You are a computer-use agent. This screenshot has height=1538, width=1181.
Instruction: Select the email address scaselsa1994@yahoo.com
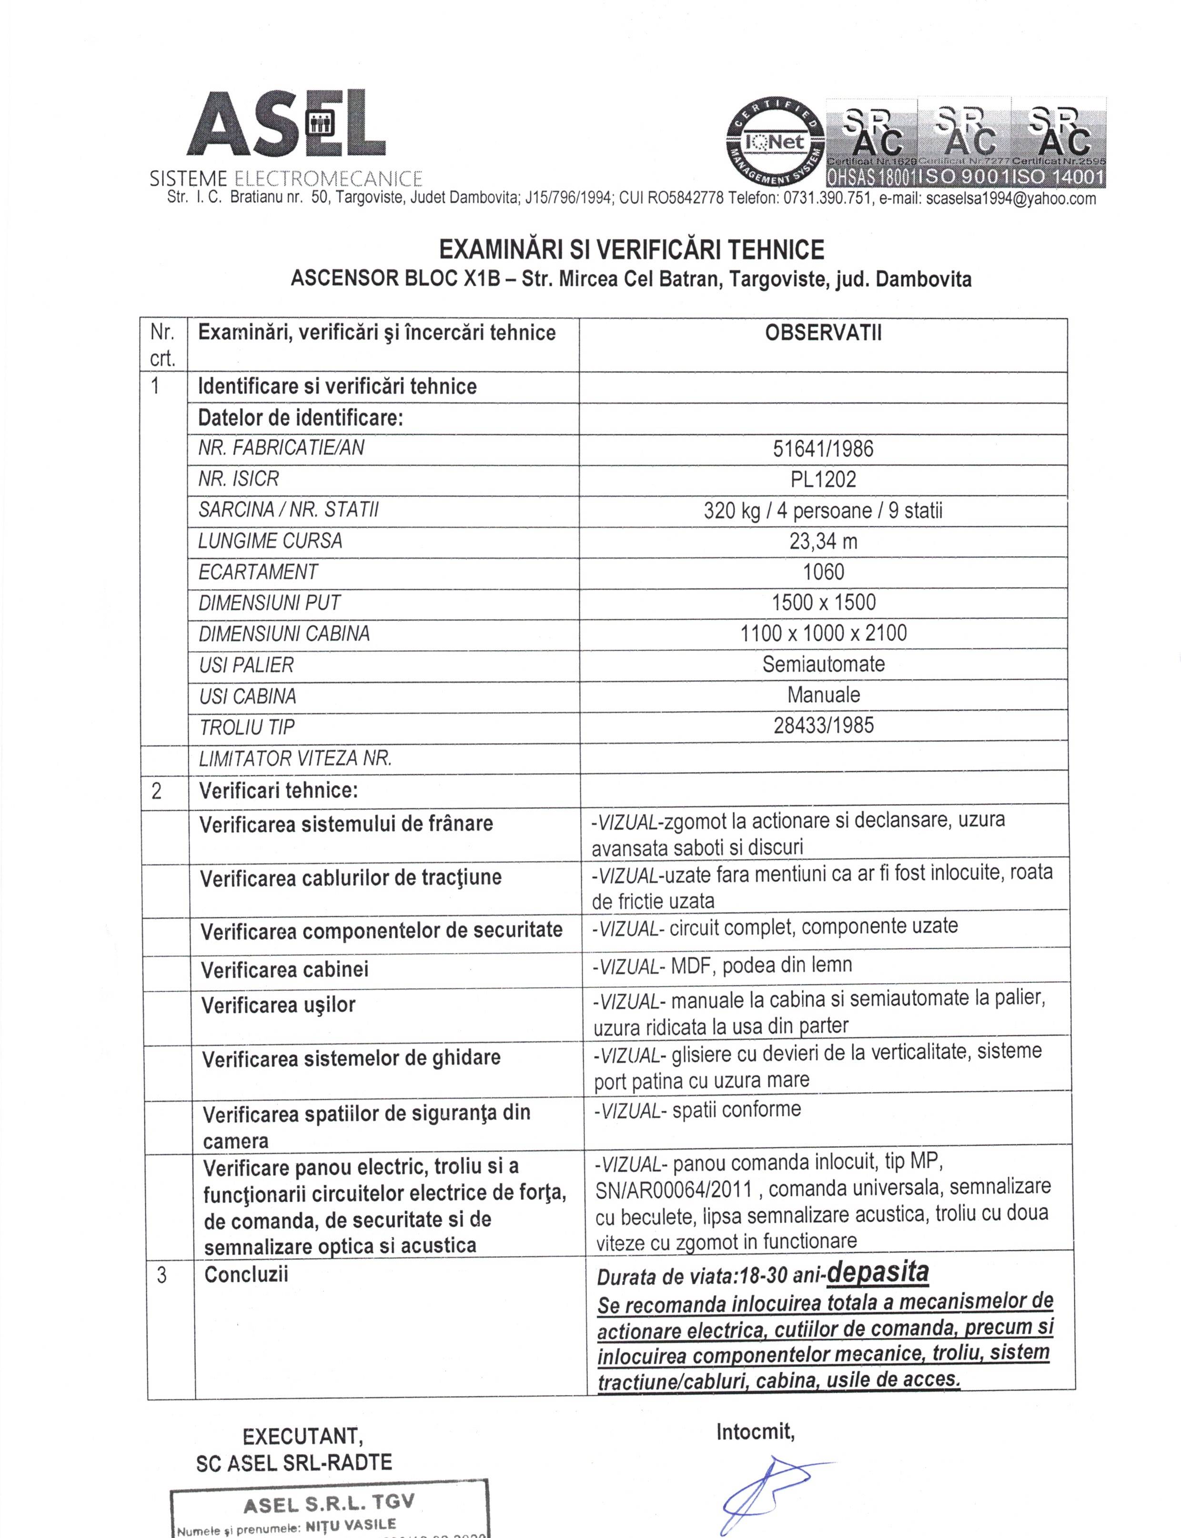click(1011, 199)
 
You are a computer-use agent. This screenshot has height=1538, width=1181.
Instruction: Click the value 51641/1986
click(823, 449)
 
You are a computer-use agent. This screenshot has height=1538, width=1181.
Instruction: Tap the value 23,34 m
click(823, 541)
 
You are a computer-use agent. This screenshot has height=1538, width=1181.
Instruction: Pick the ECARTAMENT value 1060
click(823, 572)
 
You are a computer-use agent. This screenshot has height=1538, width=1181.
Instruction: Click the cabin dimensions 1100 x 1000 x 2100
click(823, 633)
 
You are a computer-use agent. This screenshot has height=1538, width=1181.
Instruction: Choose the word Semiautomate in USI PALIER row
click(823, 664)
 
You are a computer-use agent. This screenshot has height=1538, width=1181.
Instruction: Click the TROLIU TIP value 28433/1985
click(823, 725)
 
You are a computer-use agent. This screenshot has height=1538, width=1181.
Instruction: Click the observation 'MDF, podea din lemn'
click(761, 966)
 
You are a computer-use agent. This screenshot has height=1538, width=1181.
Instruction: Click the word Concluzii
click(246, 1275)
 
